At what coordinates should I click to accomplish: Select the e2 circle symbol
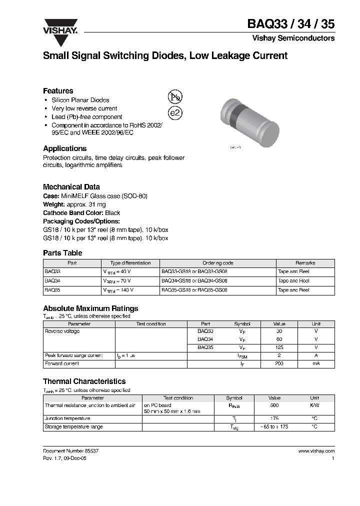pos(175,113)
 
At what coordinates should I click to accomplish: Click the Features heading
pos(58,91)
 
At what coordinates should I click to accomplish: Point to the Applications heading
pos(64,148)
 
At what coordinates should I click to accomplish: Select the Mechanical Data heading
pos(71,187)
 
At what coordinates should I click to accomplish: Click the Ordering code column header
pos(217,263)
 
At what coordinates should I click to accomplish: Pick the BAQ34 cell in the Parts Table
pos(52,281)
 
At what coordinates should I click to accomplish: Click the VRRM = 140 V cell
pos(118,290)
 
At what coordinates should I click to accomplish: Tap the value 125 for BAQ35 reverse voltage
pos(279,347)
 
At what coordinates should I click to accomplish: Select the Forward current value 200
pos(279,363)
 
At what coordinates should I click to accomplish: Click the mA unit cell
pos(316,363)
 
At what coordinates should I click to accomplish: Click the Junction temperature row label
pos(67,418)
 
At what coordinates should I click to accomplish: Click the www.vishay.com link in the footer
pos(316,451)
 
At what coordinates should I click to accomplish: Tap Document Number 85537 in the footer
pos(67,451)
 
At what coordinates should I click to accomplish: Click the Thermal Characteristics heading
pos(84,381)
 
